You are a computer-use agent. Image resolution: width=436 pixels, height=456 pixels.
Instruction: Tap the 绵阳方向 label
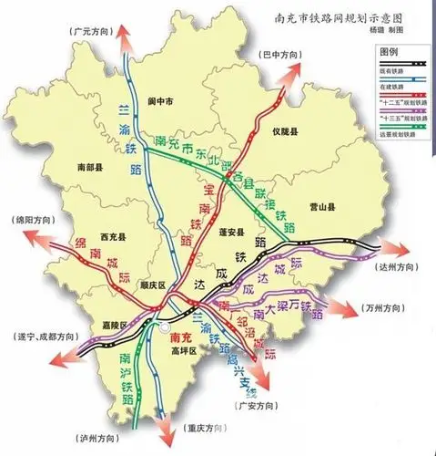pyautogui.click(x=34, y=221)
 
